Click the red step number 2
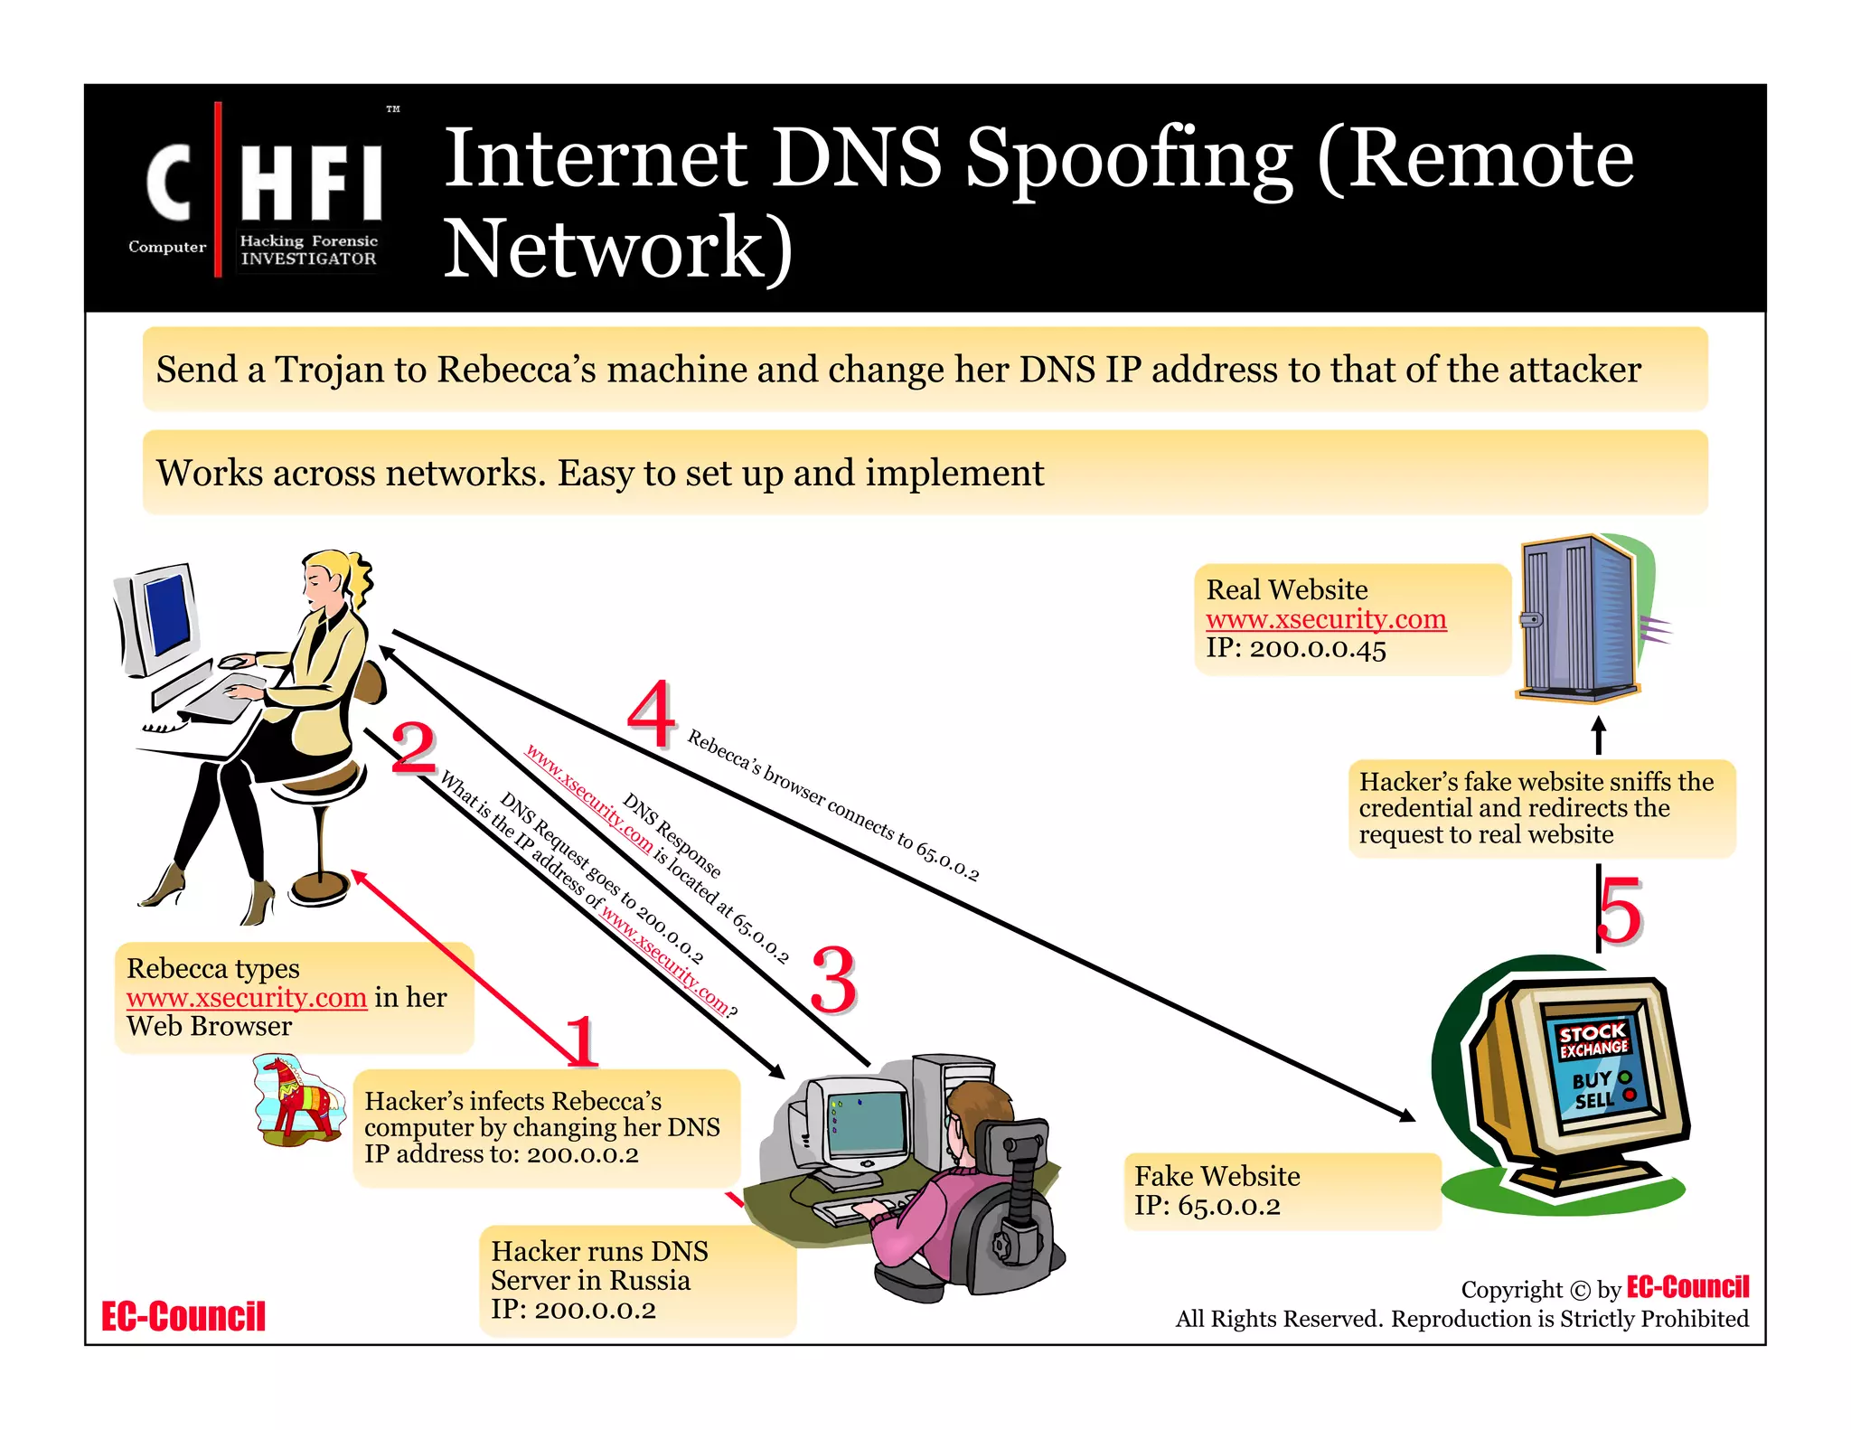(x=414, y=747)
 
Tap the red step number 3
(x=832, y=980)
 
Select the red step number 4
(x=652, y=713)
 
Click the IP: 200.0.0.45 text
(x=1295, y=649)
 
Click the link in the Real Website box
(x=1326, y=619)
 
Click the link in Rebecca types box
(x=247, y=997)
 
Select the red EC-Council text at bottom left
(x=183, y=1316)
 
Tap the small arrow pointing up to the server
(x=1598, y=735)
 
